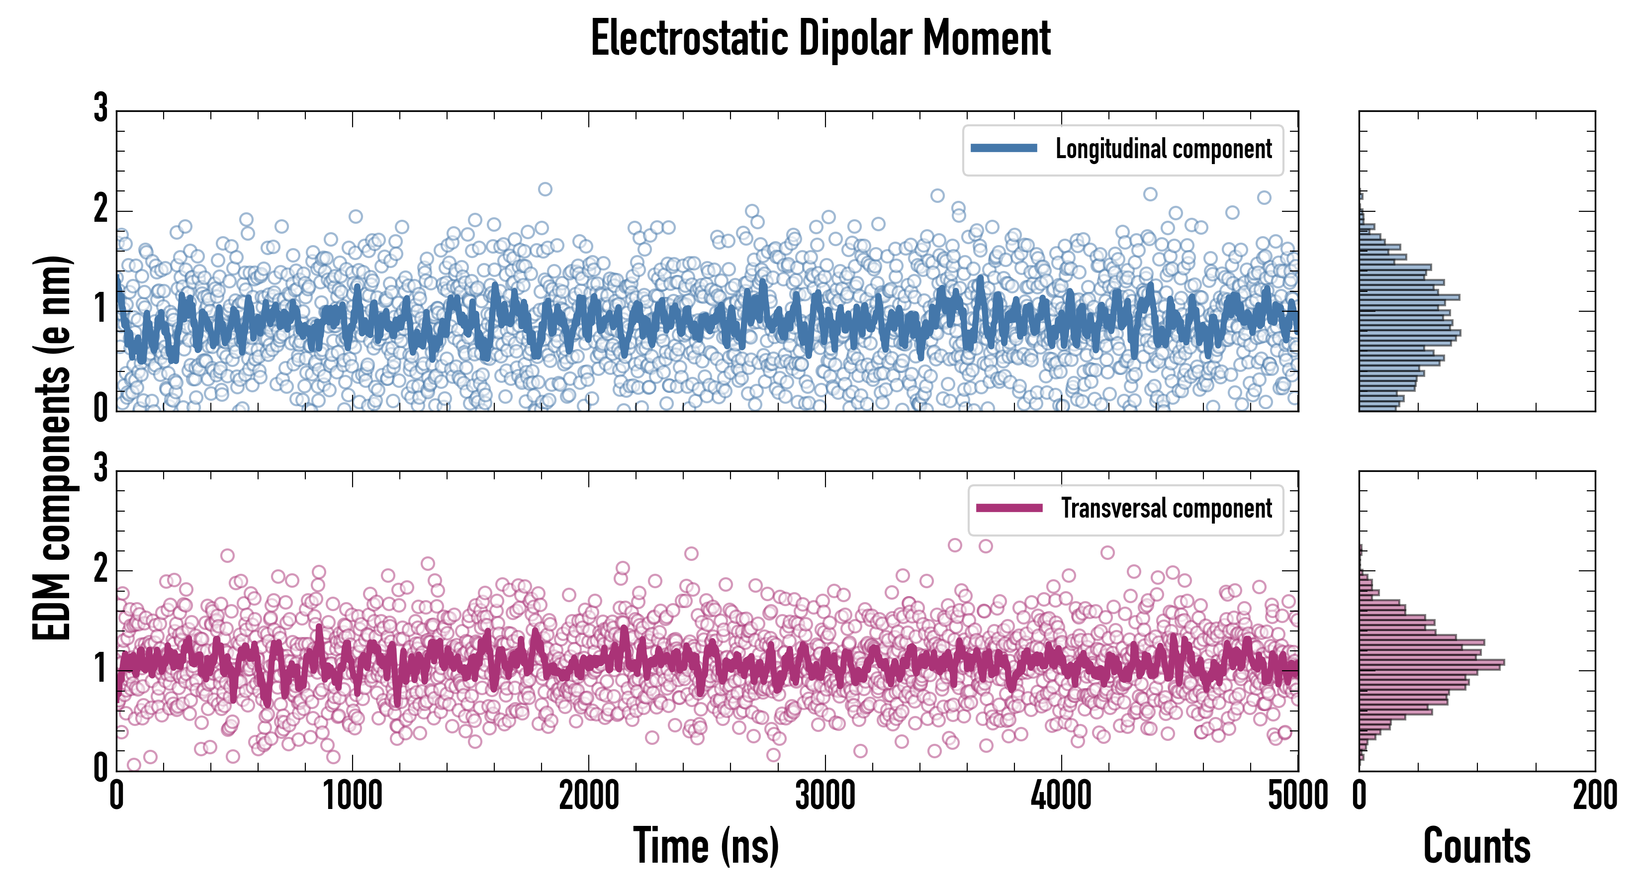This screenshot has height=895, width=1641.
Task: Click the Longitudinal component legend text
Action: (x=1163, y=149)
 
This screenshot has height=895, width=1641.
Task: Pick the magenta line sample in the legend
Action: (x=1009, y=508)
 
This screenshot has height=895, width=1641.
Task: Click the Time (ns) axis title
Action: (x=706, y=845)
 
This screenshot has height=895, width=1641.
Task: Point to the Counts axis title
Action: (x=1476, y=845)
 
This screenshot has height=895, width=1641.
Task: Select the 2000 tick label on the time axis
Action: (x=589, y=796)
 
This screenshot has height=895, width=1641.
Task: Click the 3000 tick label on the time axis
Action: (x=825, y=796)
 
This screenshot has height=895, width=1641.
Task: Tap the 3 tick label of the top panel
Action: (x=100, y=108)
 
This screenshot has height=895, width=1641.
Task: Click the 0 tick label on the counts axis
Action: (x=1360, y=796)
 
